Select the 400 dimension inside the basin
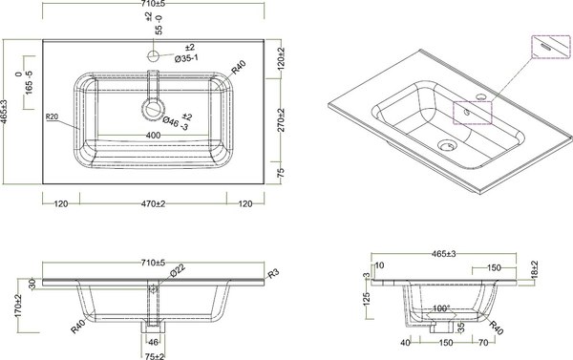point(153,137)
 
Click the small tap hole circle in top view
point(153,56)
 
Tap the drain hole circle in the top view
point(153,106)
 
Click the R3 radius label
point(273,276)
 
